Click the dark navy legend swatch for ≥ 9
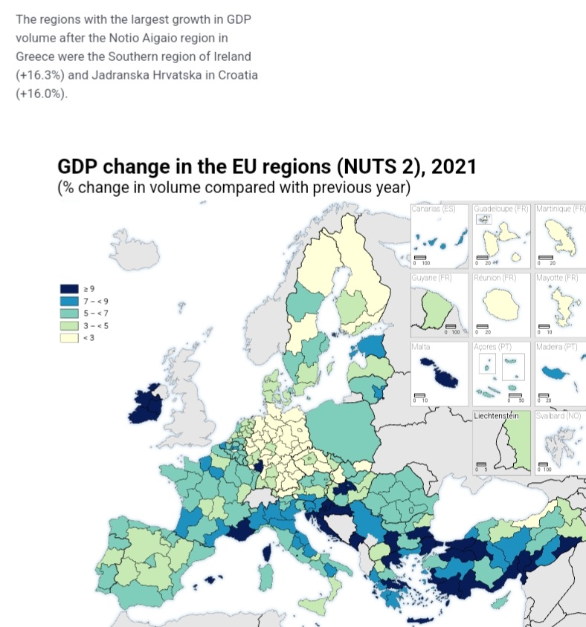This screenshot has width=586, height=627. [x=69, y=288]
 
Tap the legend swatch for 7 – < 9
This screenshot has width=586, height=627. [x=69, y=301]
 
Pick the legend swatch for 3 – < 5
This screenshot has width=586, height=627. [x=69, y=325]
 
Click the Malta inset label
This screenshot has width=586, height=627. [x=420, y=347]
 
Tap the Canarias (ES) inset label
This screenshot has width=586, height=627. [x=433, y=209]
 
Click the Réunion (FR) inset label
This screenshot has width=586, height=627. [x=495, y=278]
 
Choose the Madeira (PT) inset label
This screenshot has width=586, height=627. [x=556, y=347]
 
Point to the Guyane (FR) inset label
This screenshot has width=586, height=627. [x=433, y=278]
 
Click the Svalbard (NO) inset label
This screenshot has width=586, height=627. [x=557, y=416]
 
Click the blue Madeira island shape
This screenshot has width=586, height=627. [x=554, y=371]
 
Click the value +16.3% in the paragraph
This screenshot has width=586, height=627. [x=39, y=76]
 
